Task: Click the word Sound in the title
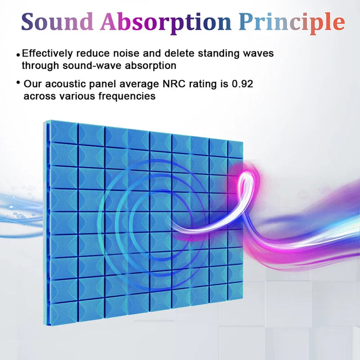(x=57, y=22)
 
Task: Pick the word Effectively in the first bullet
(x=47, y=53)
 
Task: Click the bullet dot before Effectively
(x=18, y=55)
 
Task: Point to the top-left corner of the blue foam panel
(x=48, y=121)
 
